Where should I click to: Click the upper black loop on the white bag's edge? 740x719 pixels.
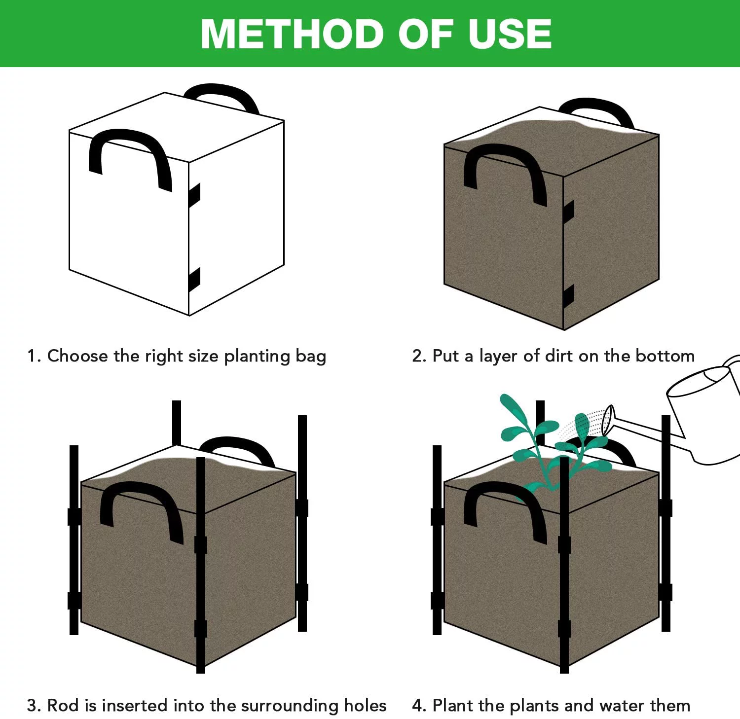point(194,195)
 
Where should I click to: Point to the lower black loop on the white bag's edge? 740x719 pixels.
point(194,280)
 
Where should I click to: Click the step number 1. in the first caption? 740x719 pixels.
point(34,356)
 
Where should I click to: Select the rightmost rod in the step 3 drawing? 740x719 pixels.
point(302,523)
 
